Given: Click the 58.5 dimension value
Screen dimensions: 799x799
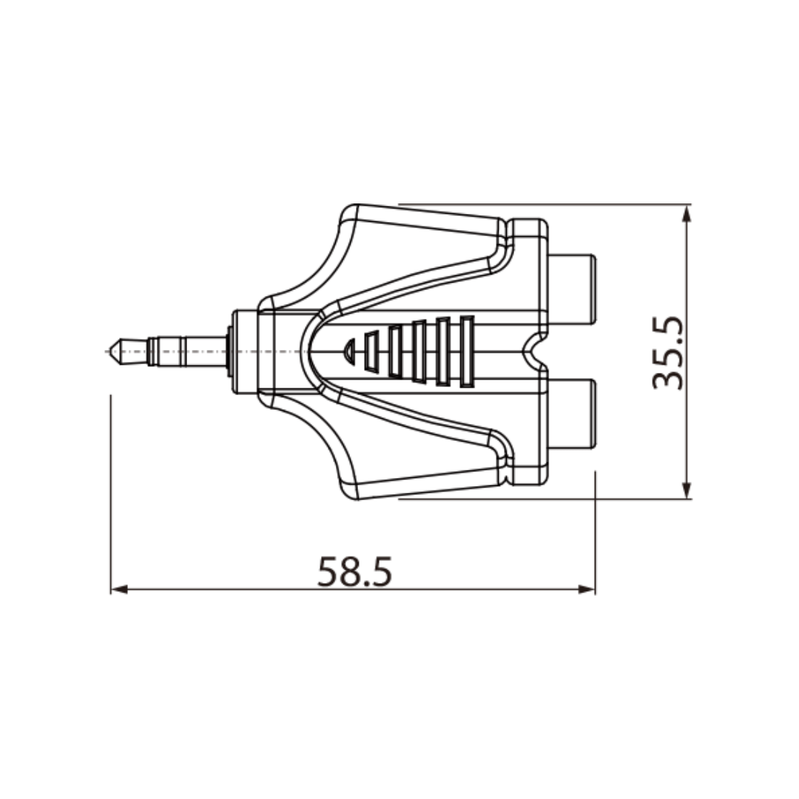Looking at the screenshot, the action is click(354, 571).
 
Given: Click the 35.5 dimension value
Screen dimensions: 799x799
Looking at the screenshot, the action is click(667, 353).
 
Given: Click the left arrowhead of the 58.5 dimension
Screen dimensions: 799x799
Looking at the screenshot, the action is click(119, 590).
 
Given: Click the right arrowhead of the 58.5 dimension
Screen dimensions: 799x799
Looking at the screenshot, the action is click(587, 590).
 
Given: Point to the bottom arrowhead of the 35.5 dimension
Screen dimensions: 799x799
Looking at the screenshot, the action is click(687, 490).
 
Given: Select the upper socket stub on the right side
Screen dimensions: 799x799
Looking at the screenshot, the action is click(571, 289).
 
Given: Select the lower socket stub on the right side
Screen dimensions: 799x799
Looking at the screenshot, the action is click(571, 414).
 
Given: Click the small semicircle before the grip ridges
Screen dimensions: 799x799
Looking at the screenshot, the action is click(349, 351).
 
